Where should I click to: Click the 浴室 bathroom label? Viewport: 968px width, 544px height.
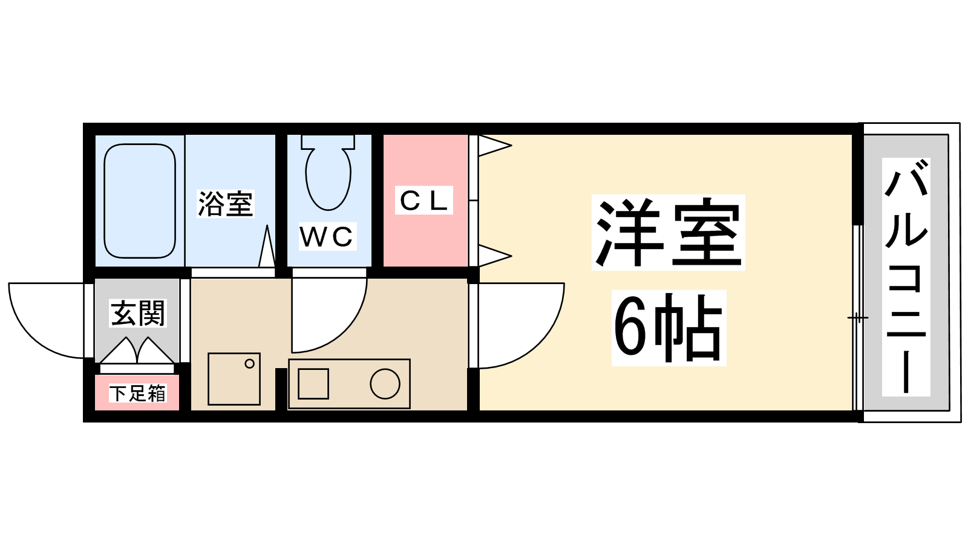coord(225,203)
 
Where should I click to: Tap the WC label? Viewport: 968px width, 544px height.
coord(327,236)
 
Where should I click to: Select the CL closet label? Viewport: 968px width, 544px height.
coord(423,200)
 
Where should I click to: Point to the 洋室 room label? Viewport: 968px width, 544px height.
coord(668,232)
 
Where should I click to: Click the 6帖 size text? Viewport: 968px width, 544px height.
coord(668,328)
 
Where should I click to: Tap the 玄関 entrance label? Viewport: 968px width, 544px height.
coord(138,313)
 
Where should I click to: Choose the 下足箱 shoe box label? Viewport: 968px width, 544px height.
coord(137,393)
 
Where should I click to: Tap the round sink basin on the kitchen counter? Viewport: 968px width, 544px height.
coord(385,384)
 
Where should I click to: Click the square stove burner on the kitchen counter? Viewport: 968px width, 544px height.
coord(313,384)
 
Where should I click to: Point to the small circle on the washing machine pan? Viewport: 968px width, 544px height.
coord(249,363)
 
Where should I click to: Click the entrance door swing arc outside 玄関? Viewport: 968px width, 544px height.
coord(30,336)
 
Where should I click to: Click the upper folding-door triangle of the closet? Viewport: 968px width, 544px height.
coord(495,146)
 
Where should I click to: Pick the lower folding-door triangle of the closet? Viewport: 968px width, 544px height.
coord(495,256)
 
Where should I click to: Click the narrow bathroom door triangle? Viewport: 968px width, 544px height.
coord(267,246)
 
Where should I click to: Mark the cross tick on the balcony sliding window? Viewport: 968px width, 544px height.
coord(857,318)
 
